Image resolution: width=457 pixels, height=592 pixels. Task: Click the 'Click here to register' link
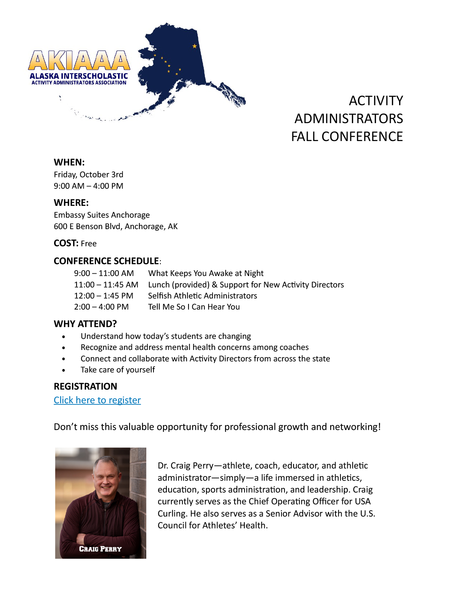[97, 400]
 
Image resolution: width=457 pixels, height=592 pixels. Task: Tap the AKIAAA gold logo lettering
[79, 61]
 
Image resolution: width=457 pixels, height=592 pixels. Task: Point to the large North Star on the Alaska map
[195, 46]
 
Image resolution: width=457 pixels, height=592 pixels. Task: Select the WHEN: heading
[69, 162]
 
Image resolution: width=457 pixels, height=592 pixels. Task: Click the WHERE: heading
[71, 202]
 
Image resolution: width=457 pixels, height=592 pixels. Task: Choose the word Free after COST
[89, 244]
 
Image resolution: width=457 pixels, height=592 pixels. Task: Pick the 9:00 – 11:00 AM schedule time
[104, 273]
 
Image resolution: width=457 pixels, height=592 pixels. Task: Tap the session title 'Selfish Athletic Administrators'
[202, 296]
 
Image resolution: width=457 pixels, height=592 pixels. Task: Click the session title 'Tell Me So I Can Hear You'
[194, 307]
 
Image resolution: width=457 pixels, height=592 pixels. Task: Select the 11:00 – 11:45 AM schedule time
[106, 285]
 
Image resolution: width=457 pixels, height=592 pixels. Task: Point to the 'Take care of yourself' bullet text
[118, 370]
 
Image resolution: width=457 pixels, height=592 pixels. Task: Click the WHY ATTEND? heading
[85, 324]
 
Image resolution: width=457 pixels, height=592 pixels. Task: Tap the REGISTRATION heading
[85, 386]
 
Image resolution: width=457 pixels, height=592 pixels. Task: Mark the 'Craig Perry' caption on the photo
[100, 549]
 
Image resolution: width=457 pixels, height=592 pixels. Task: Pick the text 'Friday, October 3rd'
[88, 175]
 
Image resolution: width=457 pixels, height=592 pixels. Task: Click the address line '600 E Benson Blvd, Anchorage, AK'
[115, 226]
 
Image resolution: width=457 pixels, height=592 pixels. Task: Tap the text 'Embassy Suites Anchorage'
[102, 215]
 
